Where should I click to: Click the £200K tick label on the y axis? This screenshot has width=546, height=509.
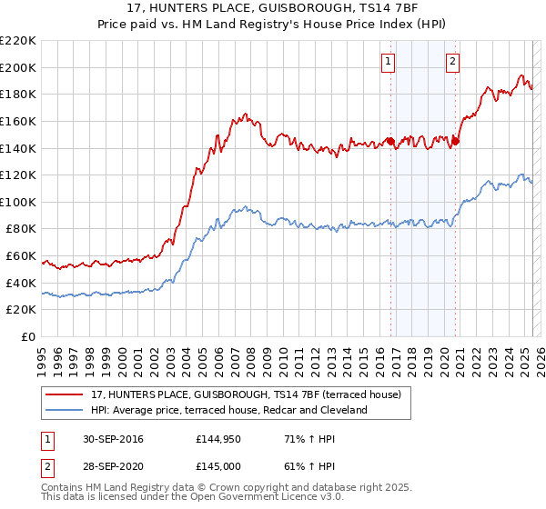[18, 67]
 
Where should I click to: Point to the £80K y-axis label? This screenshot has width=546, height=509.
[21, 229]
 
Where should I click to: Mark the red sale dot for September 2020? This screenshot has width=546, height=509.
[456, 141]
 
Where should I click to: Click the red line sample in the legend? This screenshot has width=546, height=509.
[65, 395]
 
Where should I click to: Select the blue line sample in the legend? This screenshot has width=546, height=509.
[65, 410]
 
